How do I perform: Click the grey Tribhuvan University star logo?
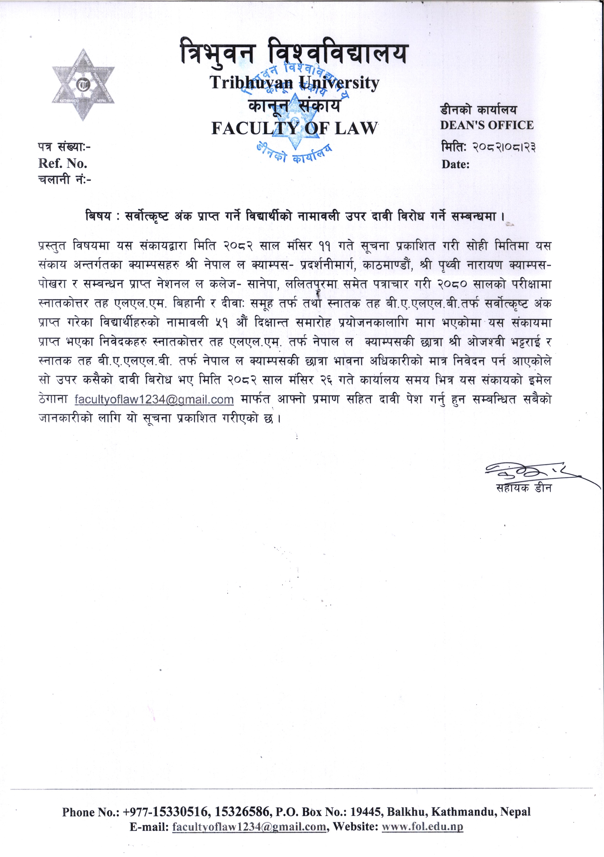83,85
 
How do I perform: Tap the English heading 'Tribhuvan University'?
294,83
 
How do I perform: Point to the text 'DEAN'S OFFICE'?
486,125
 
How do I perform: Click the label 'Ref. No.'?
62,163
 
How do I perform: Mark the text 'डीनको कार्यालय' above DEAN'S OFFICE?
479,110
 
